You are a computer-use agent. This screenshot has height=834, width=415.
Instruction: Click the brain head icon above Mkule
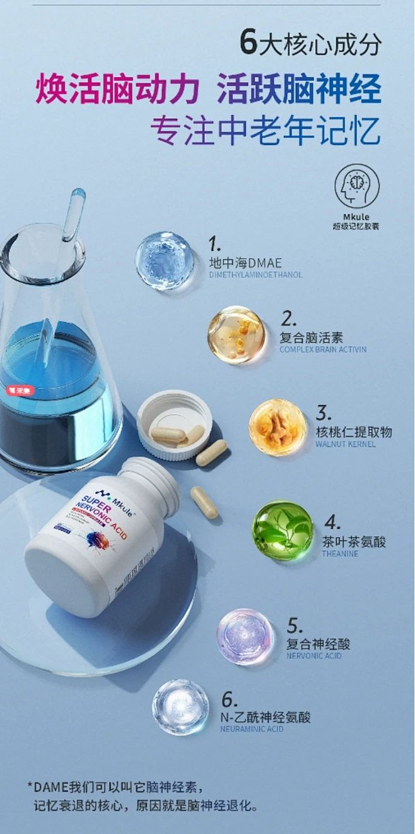356,186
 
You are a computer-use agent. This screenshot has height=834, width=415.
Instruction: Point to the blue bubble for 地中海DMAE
165,260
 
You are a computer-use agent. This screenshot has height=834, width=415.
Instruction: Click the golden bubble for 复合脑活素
237,335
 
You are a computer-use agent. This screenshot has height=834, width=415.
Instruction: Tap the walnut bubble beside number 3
278,427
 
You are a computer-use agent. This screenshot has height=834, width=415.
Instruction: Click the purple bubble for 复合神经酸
245,636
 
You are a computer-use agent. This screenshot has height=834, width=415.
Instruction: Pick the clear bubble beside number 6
180,707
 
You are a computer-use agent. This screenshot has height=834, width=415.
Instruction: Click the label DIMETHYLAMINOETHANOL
255,275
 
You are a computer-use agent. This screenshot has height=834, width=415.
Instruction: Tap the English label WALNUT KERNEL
345,444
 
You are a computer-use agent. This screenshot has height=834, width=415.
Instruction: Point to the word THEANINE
340,553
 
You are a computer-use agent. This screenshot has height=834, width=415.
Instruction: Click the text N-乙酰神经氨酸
265,717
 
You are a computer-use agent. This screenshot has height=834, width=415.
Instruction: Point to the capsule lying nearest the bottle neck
204,502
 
